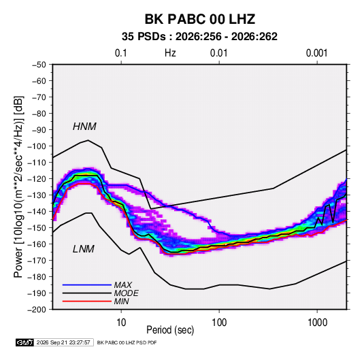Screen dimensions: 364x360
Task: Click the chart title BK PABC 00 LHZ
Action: (x=200, y=19)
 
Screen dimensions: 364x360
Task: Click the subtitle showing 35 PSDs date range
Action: (x=199, y=37)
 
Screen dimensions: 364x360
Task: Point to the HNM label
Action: (x=84, y=127)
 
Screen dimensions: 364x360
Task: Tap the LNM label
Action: (x=84, y=249)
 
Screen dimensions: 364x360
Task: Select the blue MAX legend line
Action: (x=87, y=284)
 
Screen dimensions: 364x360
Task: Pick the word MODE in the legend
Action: (x=127, y=293)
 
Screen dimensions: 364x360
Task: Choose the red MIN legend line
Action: (x=87, y=301)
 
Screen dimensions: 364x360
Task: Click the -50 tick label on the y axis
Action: (x=39, y=65)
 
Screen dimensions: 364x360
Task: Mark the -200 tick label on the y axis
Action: (x=37, y=310)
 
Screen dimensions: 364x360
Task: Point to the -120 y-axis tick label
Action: (x=37, y=179)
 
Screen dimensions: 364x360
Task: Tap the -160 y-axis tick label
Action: (x=37, y=244)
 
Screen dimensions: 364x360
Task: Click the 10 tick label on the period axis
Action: (x=121, y=323)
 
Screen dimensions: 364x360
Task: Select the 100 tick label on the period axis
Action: (x=219, y=323)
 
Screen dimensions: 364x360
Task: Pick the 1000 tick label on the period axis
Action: (x=317, y=323)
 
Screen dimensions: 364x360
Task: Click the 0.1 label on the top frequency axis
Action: (x=121, y=53)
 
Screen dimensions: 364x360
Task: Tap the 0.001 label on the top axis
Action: (x=316, y=53)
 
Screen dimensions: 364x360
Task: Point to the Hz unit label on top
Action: (x=170, y=53)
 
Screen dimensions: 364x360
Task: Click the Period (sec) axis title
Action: (x=170, y=330)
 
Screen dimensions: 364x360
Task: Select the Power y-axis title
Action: (x=18, y=186)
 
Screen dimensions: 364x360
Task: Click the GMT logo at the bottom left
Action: (x=24, y=342)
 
